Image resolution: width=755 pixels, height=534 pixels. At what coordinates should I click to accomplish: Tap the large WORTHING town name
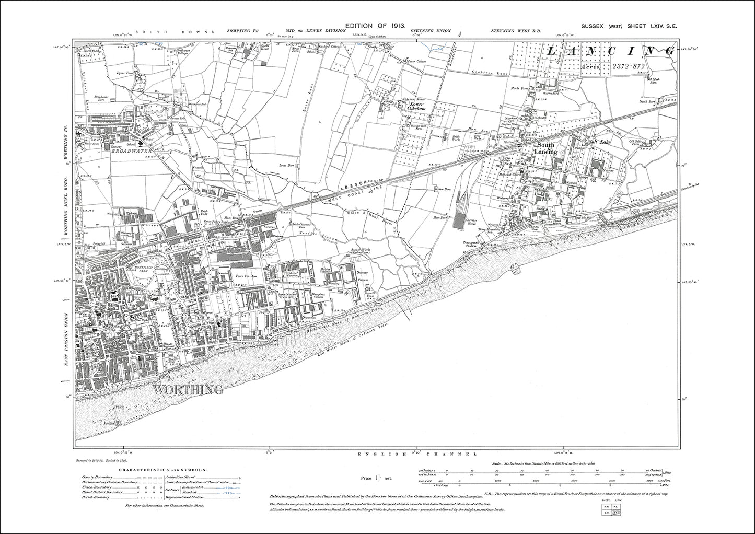(x=188, y=389)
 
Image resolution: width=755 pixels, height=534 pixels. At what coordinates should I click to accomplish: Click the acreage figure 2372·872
(x=627, y=66)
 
